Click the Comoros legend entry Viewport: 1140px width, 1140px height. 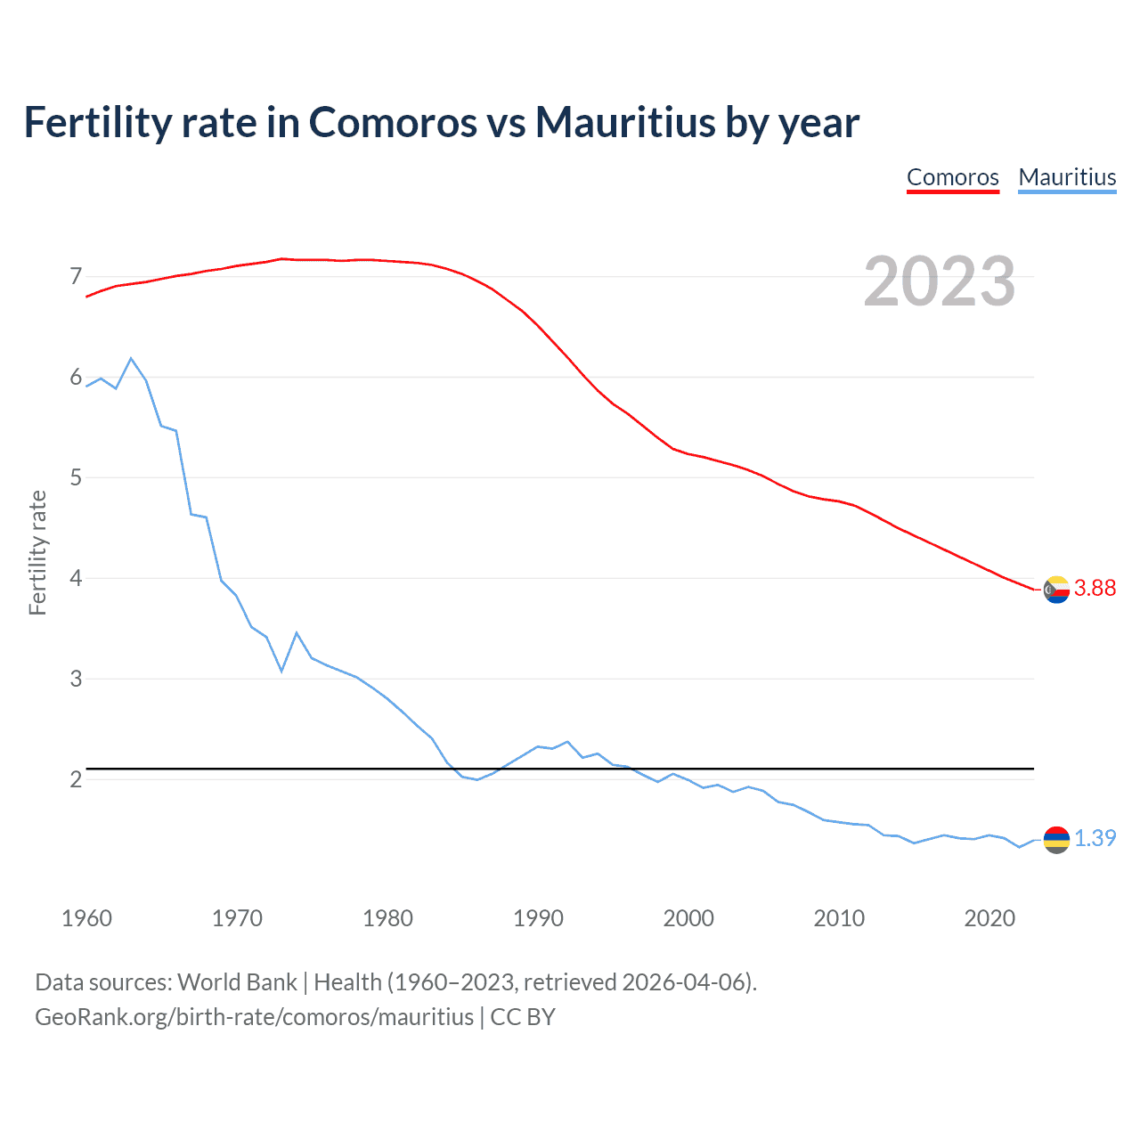tap(952, 177)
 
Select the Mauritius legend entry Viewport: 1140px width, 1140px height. tap(1067, 177)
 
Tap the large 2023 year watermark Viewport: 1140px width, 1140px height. tap(939, 281)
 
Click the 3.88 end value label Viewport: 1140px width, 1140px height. tap(1095, 588)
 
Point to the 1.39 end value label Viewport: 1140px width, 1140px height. tap(1095, 838)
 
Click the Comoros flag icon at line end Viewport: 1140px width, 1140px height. tap(1056, 589)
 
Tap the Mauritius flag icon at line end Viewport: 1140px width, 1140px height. tap(1056, 839)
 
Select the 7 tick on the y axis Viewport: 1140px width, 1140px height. tap(76, 277)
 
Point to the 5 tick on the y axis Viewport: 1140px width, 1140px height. tap(76, 478)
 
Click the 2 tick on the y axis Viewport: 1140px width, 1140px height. tap(76, 779)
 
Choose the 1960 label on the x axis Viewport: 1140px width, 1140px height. tap(86, 918)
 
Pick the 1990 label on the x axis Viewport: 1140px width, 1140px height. tap(538, 918)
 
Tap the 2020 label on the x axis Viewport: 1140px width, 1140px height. tap(989, 918)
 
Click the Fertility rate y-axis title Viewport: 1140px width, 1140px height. tap(37, 552)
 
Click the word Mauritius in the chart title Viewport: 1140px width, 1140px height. tap(624, 122)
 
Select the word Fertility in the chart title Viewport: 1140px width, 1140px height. tap(96, 122)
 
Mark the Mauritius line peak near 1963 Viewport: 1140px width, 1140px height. tap(131, 358)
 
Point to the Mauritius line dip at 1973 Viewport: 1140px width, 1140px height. tap(281, 671)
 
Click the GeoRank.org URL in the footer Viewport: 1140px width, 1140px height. tap(254, 1017)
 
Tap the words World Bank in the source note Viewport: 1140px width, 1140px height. tap(237, 982)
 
